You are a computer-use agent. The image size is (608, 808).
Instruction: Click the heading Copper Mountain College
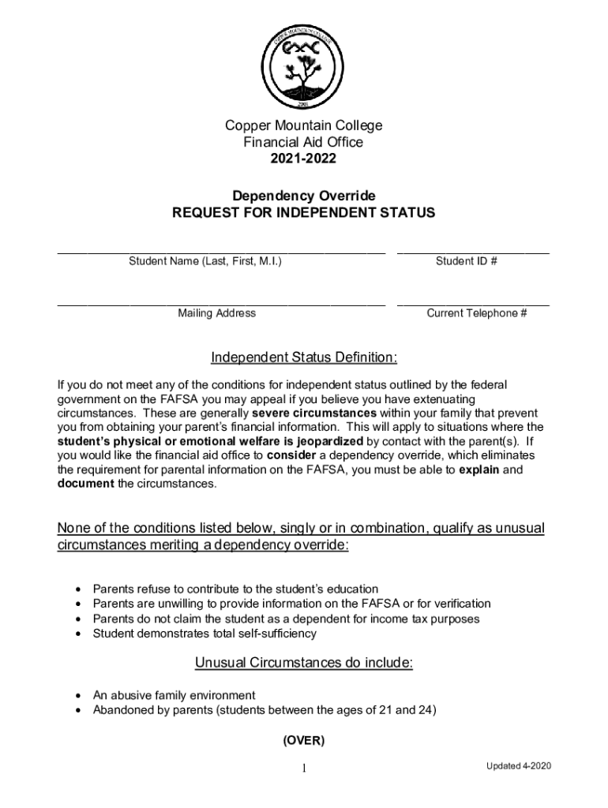coord(303,125)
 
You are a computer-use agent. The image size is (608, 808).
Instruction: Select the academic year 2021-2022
coord(303,159)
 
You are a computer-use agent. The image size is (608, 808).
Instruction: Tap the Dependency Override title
coord(303,196)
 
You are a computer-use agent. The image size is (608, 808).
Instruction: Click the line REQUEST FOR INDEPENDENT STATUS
coord(303,213)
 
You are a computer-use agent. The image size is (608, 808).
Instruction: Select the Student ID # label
coord(466,261)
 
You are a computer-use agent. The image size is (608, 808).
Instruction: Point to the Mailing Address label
coord(216,313)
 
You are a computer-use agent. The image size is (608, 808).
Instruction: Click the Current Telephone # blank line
coord(473,301)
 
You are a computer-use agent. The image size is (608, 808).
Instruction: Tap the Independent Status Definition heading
coord(303,358)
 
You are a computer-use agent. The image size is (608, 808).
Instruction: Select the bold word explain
coord(479,469)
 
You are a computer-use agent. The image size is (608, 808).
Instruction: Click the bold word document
coord(85,484)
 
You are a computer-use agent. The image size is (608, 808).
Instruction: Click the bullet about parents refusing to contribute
coord(235,589)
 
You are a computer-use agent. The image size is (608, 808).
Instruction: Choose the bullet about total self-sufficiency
coord(205,634)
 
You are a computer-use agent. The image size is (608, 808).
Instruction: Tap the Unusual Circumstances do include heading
coord(303,664)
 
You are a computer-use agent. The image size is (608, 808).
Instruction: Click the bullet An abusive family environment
coord(174,695)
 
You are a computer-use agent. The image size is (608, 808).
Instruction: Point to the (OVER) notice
coord(303,741)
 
